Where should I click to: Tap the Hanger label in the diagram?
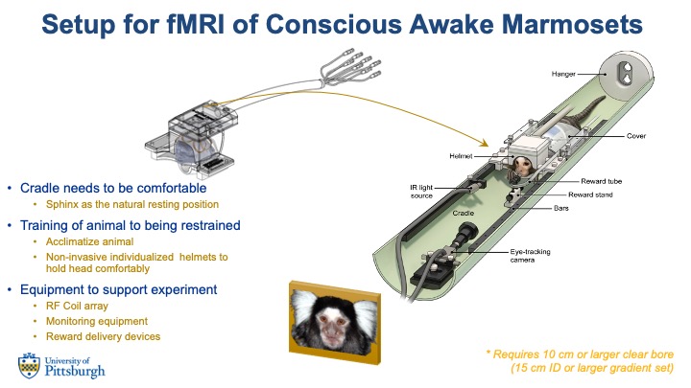563,73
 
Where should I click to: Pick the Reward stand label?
604,194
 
